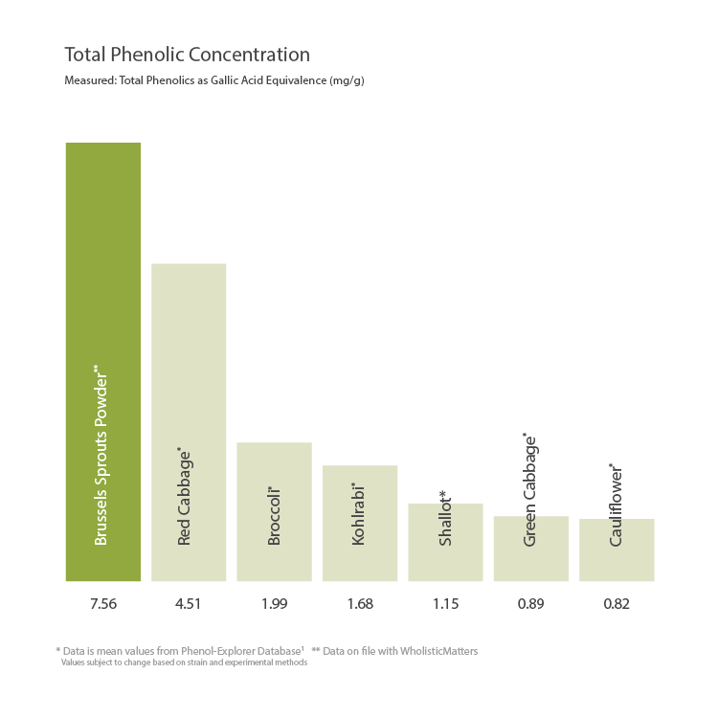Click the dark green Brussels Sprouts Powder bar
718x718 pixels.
pos(102,287)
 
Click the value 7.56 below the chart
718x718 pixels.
pos(102,604)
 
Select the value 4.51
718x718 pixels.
pos(189,604)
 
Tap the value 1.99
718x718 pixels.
pos(274,604)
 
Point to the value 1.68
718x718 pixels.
pos(359,604)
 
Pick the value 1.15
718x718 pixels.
pos(445,604)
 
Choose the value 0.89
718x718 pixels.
pos(530,604)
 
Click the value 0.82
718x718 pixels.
pos(617,604)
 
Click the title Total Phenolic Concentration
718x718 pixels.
pos(187,55)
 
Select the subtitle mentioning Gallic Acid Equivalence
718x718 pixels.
pos(213,81)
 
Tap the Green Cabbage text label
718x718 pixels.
pos(530,490)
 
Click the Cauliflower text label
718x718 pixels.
pos(617,505)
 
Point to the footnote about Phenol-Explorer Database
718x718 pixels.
pos(180,651)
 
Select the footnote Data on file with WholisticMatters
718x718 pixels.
pos(394,651)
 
